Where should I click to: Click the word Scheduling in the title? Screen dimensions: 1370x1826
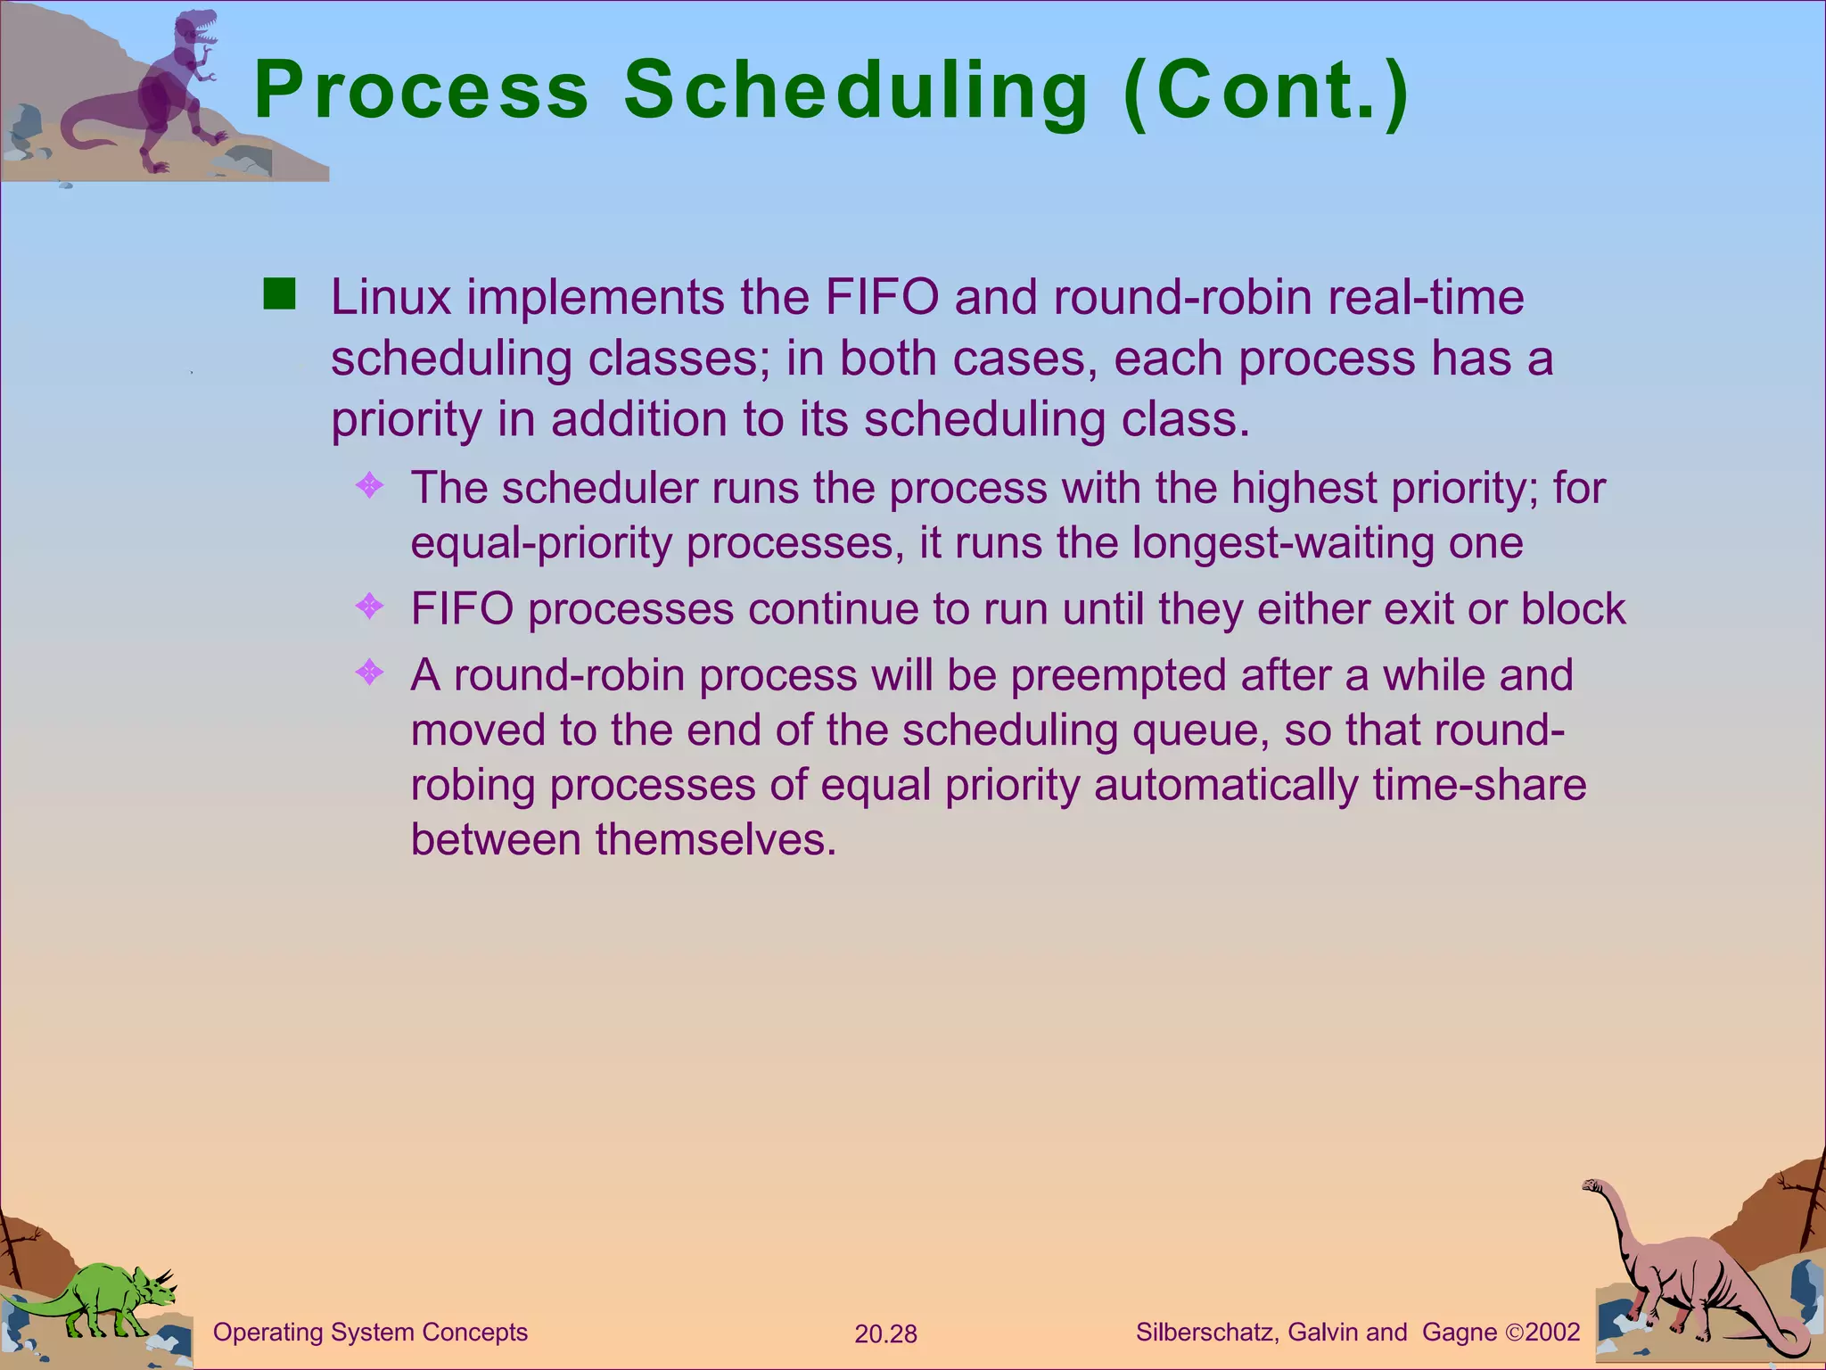(856, 91)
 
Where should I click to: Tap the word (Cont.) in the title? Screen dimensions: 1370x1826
(1266, 91)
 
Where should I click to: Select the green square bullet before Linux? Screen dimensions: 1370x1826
(279, 293)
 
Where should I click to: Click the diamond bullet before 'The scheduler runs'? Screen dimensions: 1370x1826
(369, 486)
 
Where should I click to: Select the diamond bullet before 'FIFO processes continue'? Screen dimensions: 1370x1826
(369, 607)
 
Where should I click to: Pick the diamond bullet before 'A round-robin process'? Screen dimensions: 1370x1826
(369, 673)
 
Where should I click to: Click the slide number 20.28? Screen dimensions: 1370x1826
(885, 1334)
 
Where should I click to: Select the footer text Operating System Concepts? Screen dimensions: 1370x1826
(370, 1333)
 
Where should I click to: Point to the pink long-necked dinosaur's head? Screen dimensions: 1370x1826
(1592, 1186)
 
